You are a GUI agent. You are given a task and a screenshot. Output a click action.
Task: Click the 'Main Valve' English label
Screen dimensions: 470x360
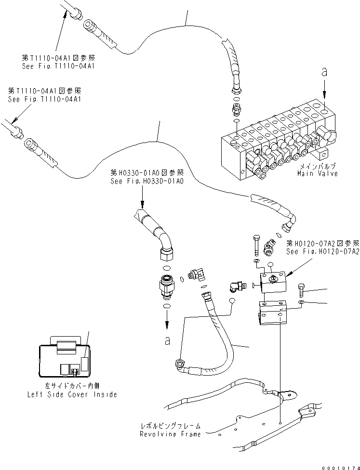point(317,173)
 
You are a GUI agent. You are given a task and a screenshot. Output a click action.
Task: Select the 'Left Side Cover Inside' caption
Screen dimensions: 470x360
point(72,394)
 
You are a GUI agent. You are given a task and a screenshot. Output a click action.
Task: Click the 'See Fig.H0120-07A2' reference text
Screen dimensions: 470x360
point(322,251)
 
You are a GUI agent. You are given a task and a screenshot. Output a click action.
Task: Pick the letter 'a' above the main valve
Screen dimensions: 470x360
point(324,72)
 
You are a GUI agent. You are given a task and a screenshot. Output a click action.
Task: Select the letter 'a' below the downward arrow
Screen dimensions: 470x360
point(167,340)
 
